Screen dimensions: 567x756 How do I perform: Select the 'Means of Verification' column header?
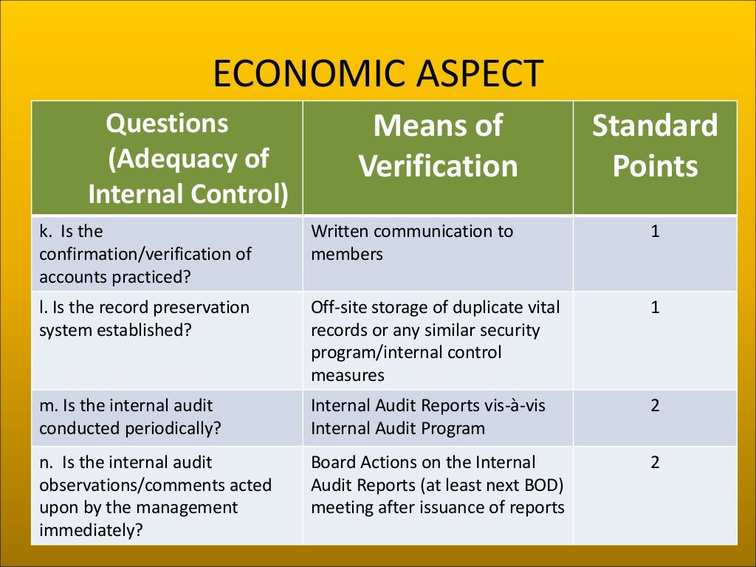pos(438,146)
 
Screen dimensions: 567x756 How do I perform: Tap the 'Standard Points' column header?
pos(655,146)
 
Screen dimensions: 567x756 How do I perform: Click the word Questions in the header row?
pos(167,123)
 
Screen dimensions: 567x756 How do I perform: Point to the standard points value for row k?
pos(655,232)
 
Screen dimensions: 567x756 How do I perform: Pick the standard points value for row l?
pos(655,307)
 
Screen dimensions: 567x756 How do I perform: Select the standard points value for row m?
pos(655,405)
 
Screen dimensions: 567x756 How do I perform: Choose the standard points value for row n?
pos(655,463)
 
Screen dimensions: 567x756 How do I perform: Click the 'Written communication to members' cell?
pos(411,242)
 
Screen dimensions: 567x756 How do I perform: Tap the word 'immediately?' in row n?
pos(90,531)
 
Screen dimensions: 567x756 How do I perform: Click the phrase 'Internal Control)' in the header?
pos(188,193)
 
